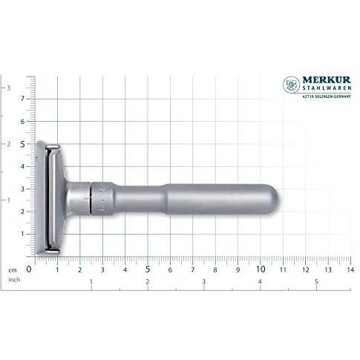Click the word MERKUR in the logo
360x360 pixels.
pos(327,80)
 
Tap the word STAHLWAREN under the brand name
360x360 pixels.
pos(327,88)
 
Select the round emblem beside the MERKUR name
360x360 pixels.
pos(291,85)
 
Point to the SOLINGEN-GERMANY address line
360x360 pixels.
pos(327,96)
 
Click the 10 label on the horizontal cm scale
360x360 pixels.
pos(261,269)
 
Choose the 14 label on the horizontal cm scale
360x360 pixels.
pos(350,269)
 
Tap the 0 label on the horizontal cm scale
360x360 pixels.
pos(29,269)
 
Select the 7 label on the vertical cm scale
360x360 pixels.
pos(23,99)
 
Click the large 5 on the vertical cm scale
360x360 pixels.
pos(23,144)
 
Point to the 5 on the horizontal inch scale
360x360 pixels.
pos(316,281)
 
